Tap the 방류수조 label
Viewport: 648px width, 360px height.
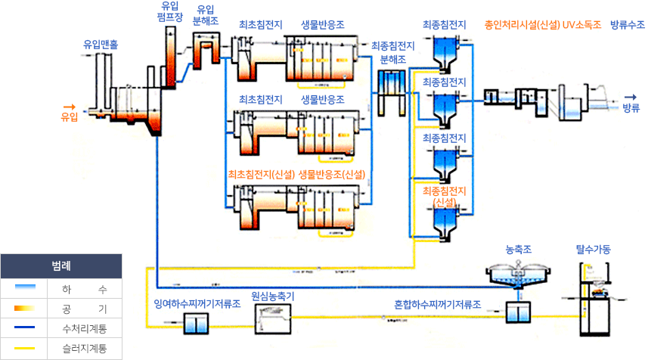(x=628, y=25)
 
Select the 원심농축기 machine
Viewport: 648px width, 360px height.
(x=272, y=318)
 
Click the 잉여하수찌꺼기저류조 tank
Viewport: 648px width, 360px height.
(x=196, y=323)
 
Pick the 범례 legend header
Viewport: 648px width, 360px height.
(x=62, y=266)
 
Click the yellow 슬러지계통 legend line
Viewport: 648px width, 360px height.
(x=24, y=349)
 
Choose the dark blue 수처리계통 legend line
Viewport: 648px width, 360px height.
(x=24, y=328)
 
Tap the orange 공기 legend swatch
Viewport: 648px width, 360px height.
(x=24, y=308)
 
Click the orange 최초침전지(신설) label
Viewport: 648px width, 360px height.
(x=261, y=175)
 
